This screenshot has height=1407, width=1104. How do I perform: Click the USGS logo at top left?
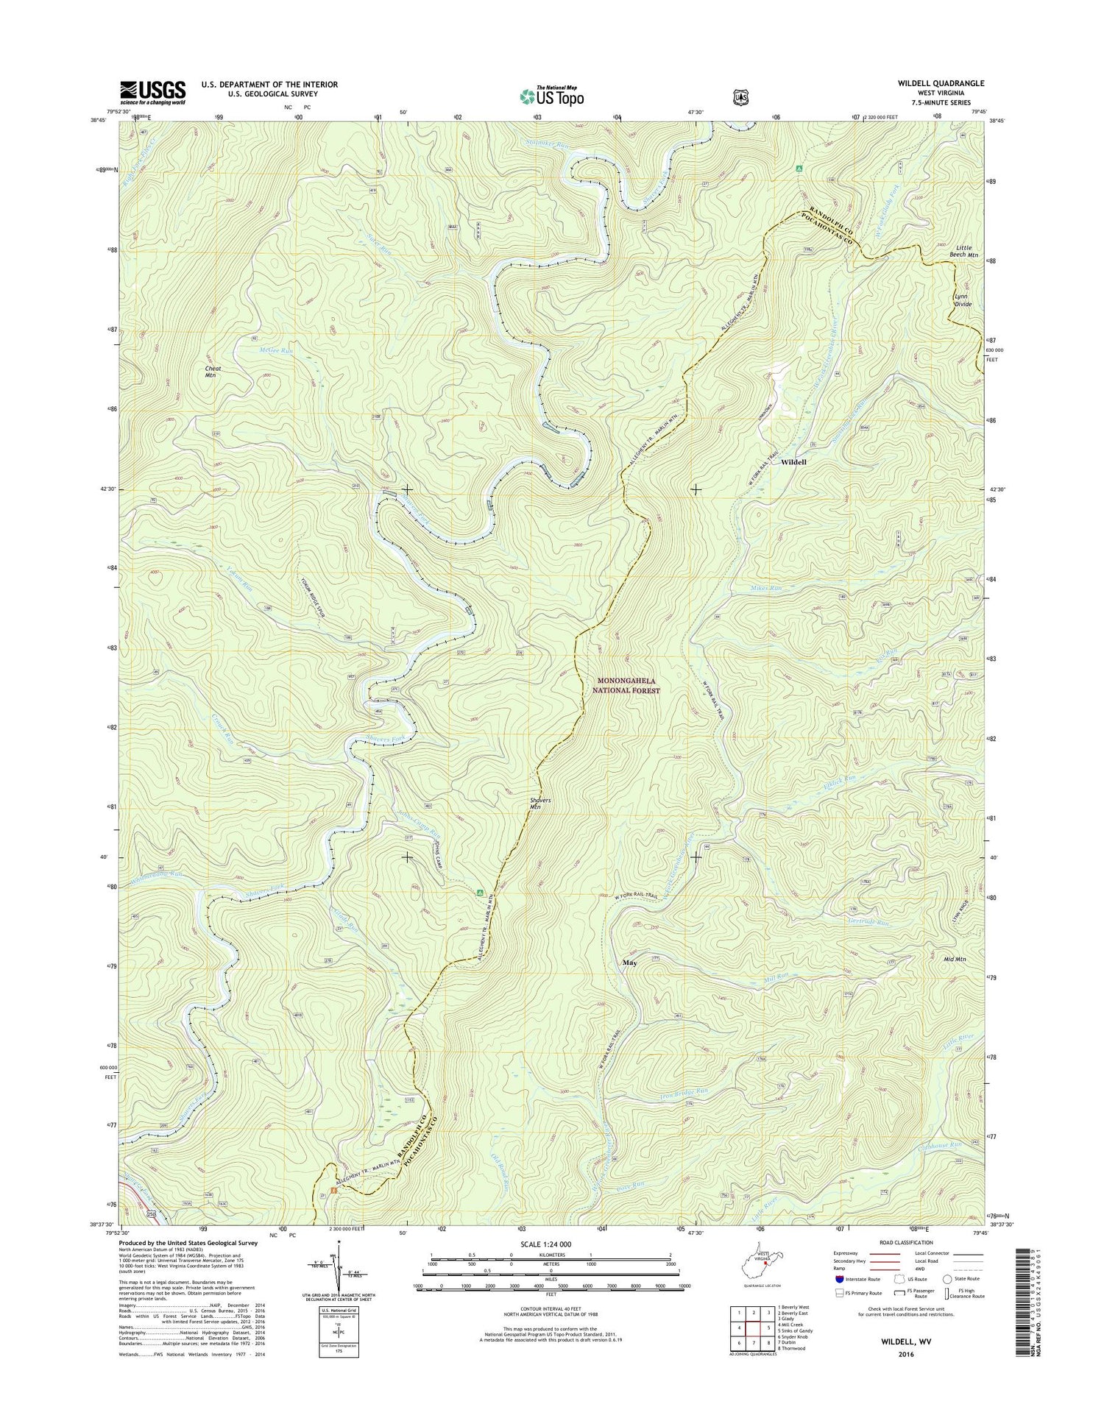click(152, 93)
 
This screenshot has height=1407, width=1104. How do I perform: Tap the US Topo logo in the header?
click(552, 96)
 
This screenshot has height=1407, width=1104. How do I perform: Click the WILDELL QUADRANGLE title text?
click(940, 84)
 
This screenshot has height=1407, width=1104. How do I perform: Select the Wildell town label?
click(793, 462)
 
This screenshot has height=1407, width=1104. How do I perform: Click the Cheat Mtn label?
click(213, 372)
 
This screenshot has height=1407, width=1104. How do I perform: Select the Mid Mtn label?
click(955, 960)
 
